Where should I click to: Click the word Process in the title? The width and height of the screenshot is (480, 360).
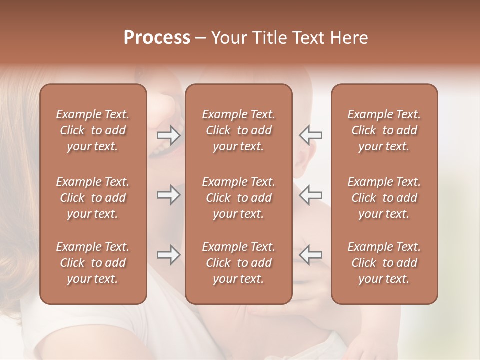tap(157, 38)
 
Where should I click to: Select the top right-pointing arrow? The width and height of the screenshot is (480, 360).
tap(168, 135)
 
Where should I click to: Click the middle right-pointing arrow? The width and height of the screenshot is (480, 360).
tap(168, 195)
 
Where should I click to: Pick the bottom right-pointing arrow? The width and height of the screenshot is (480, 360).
tap(168, 255)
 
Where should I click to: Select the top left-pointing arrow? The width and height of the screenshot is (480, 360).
tap(310, 135)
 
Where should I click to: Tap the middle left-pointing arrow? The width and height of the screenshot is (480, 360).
tap(310, 195)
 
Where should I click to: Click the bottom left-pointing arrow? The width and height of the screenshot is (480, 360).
tap(310, 255)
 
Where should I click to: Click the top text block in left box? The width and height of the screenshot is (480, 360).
tap(93, 130)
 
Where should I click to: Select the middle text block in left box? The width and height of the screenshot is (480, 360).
tap(93, 198)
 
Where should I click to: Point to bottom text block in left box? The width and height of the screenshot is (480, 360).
tap(93, 263)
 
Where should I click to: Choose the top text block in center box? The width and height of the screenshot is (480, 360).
tap(239, 130)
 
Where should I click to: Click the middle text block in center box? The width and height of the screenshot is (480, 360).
tap(239, 198)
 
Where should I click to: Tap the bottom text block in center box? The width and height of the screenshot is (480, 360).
tap(239, 263)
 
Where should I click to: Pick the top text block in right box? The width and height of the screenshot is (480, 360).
tap(384, 130)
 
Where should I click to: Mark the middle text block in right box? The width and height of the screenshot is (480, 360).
tap(384, 198)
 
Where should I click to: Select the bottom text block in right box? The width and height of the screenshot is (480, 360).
tap(384, 263)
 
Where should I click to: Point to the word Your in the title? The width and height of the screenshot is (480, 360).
tap(228, 38)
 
